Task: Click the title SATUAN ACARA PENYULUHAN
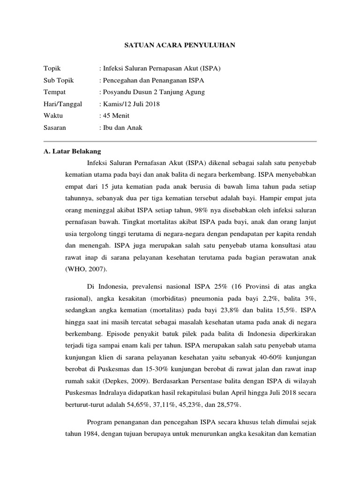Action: click(180, 45)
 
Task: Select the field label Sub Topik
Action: click(59, 80)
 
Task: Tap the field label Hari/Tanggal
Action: click(63, 104)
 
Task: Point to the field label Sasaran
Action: click(55, 127)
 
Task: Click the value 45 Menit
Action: click(116, 115)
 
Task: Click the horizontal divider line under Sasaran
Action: click(180, 141)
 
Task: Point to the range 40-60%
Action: click(265, 357)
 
